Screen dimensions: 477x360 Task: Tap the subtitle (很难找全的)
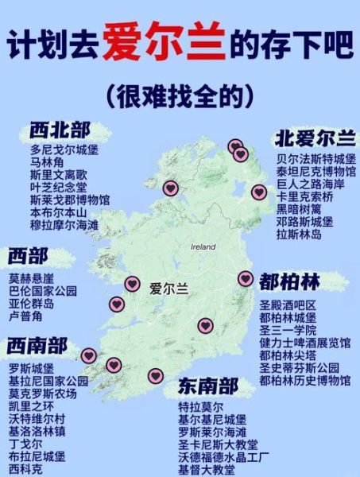pyautogui.click(x=179, y=95)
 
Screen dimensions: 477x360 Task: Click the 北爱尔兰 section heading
pyautogui.click(x=315, y=138)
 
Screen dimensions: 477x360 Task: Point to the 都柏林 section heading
pyautogui.click(x=290, y=282)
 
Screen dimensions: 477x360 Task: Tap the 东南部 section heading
pyautogui.click(x=208, y=387)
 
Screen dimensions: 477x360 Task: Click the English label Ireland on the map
pyautogui.click(x=203, y=247)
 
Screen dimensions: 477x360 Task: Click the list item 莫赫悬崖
pyautogui.click(x=32, y=278)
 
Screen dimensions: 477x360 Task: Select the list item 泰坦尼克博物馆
pyautogui.click(x=316, y=171)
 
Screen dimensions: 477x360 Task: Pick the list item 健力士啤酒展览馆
pyautogui.click(x=304, y=343)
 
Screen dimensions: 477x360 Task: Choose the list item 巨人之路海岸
pyautogui.click(x=311, y=184)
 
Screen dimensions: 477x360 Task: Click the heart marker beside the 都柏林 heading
pyautogui.click(x=245, y=279)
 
